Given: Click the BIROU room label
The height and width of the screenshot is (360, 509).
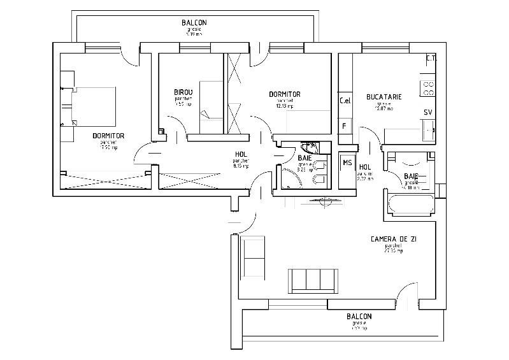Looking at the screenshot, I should click(x=183, y=92).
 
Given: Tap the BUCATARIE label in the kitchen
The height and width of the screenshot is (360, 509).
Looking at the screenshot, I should click(x=384, y=97).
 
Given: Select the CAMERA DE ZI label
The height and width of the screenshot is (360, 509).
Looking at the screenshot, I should click(x=394, y=239).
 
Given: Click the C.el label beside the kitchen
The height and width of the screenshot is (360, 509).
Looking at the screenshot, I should click(x=345, y=101).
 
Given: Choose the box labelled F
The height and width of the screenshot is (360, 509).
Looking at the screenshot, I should click(x=345, y=126).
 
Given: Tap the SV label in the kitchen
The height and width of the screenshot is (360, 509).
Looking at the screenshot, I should click(x=428, y=112).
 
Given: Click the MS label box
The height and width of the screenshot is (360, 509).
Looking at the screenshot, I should click(x=347, y=162).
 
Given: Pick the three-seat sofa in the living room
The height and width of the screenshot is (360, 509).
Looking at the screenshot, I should click(x=313, y=280).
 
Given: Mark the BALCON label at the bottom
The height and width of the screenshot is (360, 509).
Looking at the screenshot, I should click(x=359, y=317).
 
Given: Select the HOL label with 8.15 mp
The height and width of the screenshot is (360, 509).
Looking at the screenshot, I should click(x=241, y=154).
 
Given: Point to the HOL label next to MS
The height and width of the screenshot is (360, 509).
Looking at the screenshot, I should click(x=366, y=168).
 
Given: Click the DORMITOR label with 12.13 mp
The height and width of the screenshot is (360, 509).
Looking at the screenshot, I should click(x=285, y=94).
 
